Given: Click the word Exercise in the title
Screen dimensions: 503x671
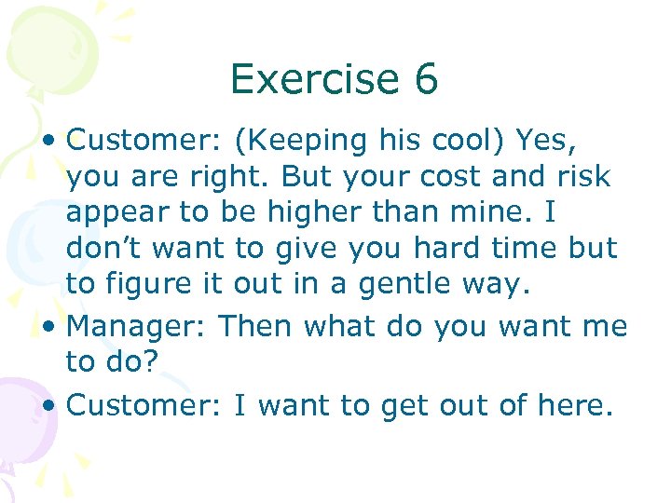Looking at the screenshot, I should pos(312,79).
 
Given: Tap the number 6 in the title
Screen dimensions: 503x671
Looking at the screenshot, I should pos(426,79).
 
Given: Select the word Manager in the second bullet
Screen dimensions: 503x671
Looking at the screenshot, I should pos(138,328).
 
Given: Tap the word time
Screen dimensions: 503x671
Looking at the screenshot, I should pos(529,249).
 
